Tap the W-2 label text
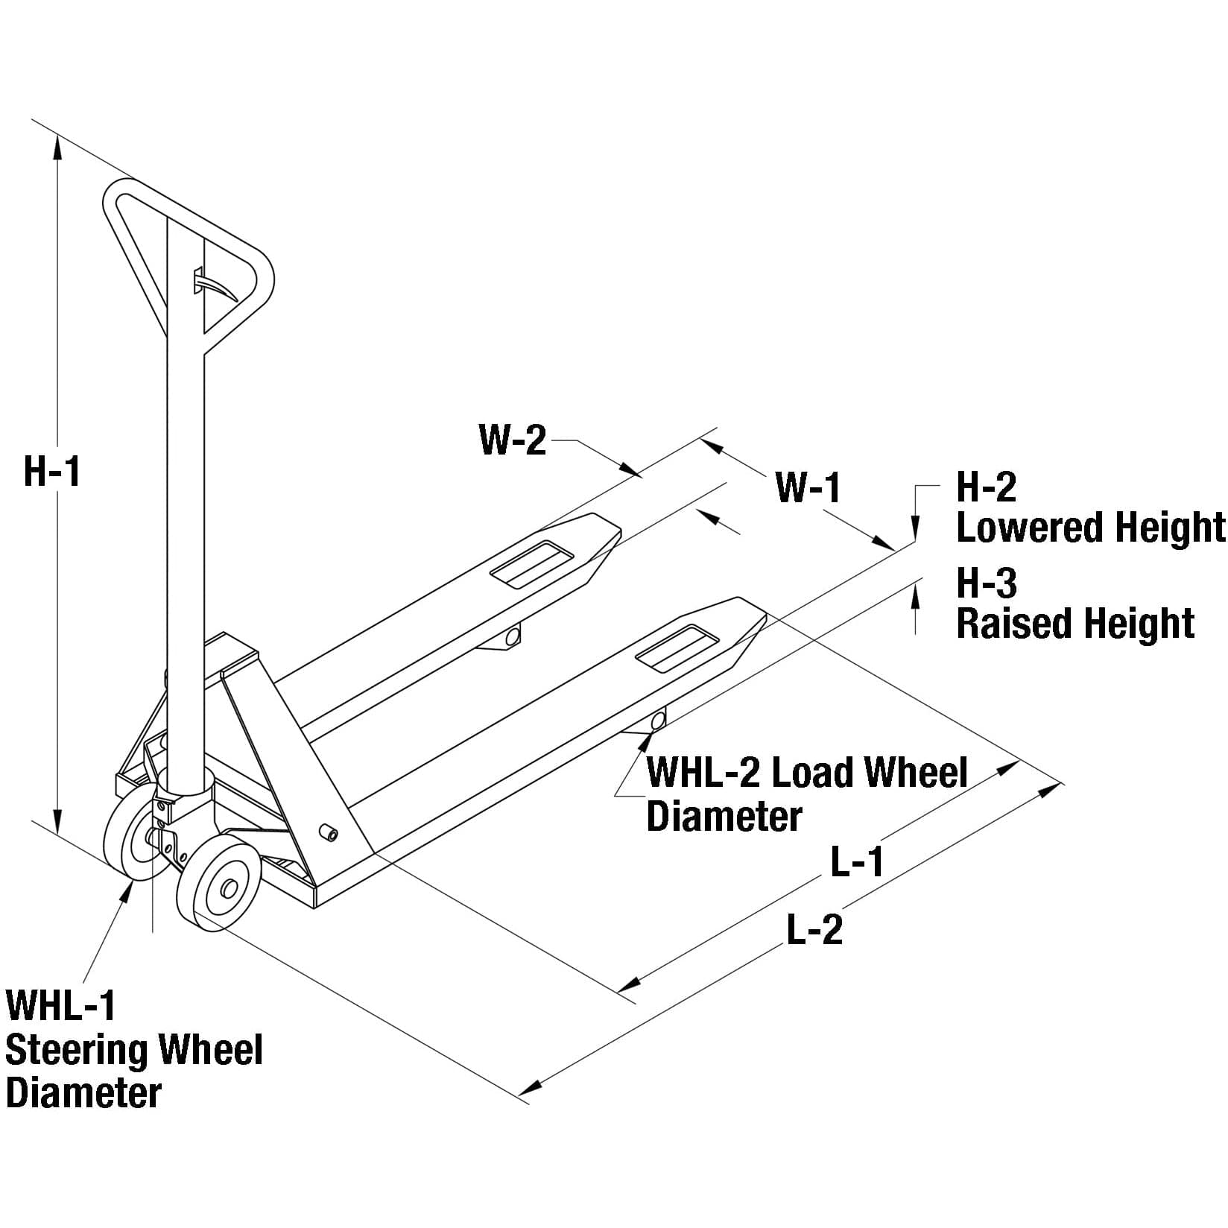pos(513,440)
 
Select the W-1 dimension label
pos(808,489)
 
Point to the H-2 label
pos(986,487)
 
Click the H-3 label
pos(986,583)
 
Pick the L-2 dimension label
pos(814,931)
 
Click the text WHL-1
pos(61,1006)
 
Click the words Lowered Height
pos(1090,528)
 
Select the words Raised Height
pos(1075,624)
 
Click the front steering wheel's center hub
pos(227,888)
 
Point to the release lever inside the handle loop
pos(216,286)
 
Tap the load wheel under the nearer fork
pos(658,721)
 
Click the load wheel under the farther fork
pos(512,636)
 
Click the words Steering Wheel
pos(134,1050)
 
